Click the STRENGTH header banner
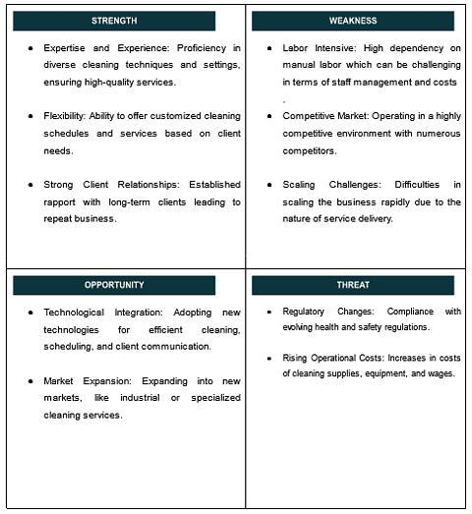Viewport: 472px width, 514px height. (114, 21)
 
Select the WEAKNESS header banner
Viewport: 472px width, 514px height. (352, 21)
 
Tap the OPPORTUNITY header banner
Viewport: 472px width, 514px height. (114, 285)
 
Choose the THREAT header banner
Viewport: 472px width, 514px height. (352, 285)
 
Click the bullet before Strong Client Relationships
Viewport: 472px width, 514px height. (30, 185)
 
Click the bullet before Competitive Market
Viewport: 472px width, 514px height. (269, 116)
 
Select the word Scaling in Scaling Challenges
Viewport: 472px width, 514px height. (299, 185)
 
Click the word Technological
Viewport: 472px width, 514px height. (80, 313)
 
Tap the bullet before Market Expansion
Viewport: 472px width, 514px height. (30, 381)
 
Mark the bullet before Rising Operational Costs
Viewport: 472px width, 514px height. (269, 358)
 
